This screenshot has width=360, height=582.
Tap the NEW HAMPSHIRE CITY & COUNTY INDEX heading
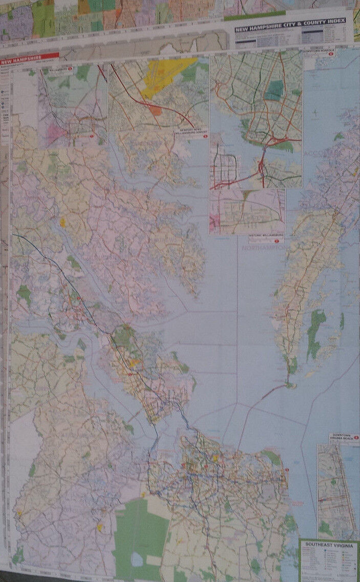pyautogui.click(x=290, y=25)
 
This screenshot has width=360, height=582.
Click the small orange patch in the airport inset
pyautogui.click(x=155, y=110)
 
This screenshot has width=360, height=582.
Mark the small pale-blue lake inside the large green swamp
pyautogui.click(x=137, y=559)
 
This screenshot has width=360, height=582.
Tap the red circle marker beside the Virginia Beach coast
pyautogui.click(x=287, y=470)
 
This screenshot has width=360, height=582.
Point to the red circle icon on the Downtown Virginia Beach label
pyautogui.click(x=355, y=438)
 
